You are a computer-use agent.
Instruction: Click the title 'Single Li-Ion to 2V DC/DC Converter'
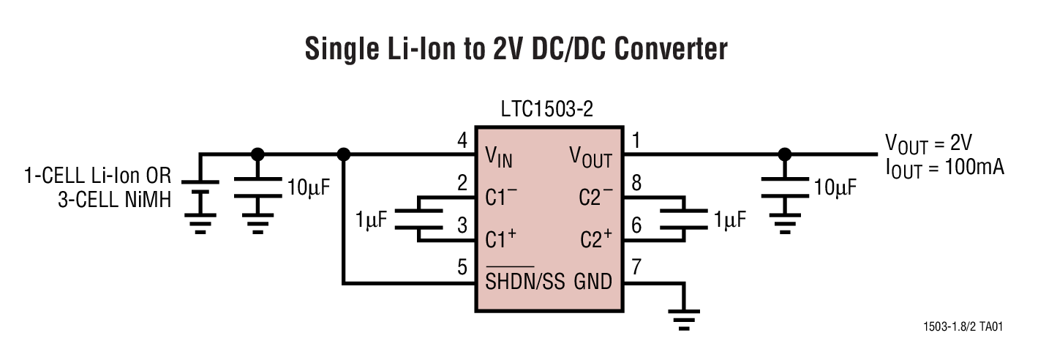pyautogui.click(x=516, y=50)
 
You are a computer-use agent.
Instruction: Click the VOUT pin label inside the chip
pyautogui.click(x=590, y=156)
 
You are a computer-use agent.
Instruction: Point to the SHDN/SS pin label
pyautogui.click(x=525, y=282)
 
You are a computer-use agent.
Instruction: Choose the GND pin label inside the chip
pyautogui.click(x=593, y=282)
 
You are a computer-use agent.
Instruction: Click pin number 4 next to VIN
pyautogui.click(x=461, y=140)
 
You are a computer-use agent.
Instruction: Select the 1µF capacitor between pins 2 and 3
pyautogui.click(x=420, y=218)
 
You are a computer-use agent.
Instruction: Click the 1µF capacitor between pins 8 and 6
pyautogui.click(x=683, y=218)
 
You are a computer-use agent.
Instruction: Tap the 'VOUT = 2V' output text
pyautogui.click(x=928, y=141)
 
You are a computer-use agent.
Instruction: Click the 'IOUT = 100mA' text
pyautogui.click(x=944, y=167)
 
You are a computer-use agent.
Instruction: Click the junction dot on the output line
pyautogui.click(x=785, y=154)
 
